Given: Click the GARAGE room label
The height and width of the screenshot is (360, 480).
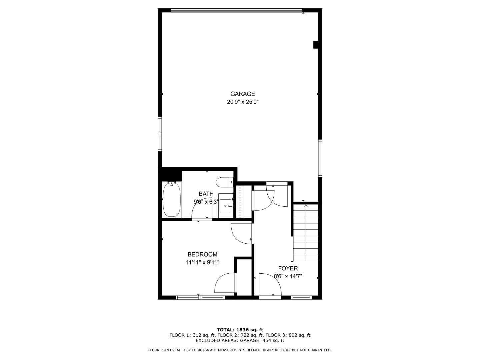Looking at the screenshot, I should click(x=243, y=94).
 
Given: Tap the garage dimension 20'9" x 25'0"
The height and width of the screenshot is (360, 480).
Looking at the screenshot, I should click(x=243, y=102).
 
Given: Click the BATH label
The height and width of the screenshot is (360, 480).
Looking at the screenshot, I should click(x=206, y=194).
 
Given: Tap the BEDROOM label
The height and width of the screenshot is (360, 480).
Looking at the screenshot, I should click(x=202, y=255).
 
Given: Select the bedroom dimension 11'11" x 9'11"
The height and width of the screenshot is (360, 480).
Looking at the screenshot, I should click(x=202, y=262).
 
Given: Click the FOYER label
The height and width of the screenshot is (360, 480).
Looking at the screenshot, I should click(x=288, y=268).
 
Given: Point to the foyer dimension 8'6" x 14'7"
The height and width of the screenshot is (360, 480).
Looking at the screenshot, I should click(x=288, y=276).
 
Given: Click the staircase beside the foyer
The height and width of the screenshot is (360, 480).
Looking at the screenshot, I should click(x=306, y=233).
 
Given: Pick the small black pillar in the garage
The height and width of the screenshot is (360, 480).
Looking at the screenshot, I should click(x=316, y=45).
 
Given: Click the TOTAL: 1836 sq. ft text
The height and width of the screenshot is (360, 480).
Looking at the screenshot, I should click(x=240, y=330).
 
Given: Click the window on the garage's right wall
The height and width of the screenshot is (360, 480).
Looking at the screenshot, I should click(x=320, y=158).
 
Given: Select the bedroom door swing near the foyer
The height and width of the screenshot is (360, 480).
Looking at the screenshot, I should click(x=241, y=233).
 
